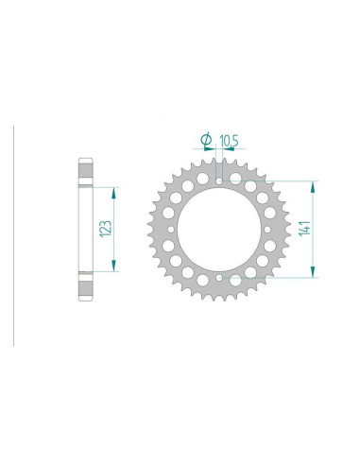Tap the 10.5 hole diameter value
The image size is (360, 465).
pyautogui.click(x=230, y=142)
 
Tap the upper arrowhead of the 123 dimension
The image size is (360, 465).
pyautogui.click(x=114, y=189)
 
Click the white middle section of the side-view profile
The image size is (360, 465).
pyautogui.click(x=82, y=229)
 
